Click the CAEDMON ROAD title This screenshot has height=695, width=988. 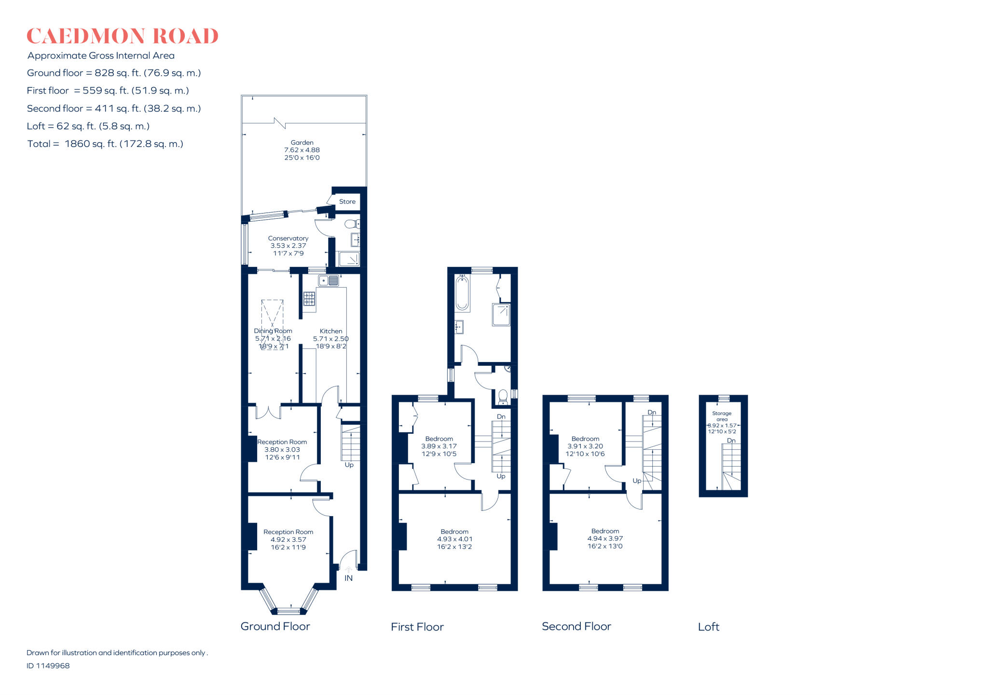(122, 36)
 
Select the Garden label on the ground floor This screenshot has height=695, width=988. (302, 143)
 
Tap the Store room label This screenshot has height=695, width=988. (347, 201)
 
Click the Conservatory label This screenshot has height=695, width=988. (288, 238)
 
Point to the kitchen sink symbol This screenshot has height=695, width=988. (329, 281)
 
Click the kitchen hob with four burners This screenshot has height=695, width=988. (309, 299)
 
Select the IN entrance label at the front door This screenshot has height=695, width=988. (348, 578)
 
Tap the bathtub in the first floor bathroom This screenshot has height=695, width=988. (462, 293)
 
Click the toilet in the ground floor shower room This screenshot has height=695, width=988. (352, 224)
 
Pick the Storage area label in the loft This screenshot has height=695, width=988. (722, 416)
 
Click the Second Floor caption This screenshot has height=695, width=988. (576, 626)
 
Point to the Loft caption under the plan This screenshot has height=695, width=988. (708, 627)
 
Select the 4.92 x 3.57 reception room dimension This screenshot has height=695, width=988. (288, 540)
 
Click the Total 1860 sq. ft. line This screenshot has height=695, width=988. (105, 144)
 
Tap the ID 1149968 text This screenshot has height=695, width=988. (48, 666)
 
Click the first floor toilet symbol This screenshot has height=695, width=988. (503, 397)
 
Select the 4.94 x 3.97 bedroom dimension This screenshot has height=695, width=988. (605, 538)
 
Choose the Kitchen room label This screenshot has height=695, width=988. (331, 331)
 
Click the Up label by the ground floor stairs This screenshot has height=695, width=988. (349, 465)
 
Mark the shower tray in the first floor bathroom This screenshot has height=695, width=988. (501, 315)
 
